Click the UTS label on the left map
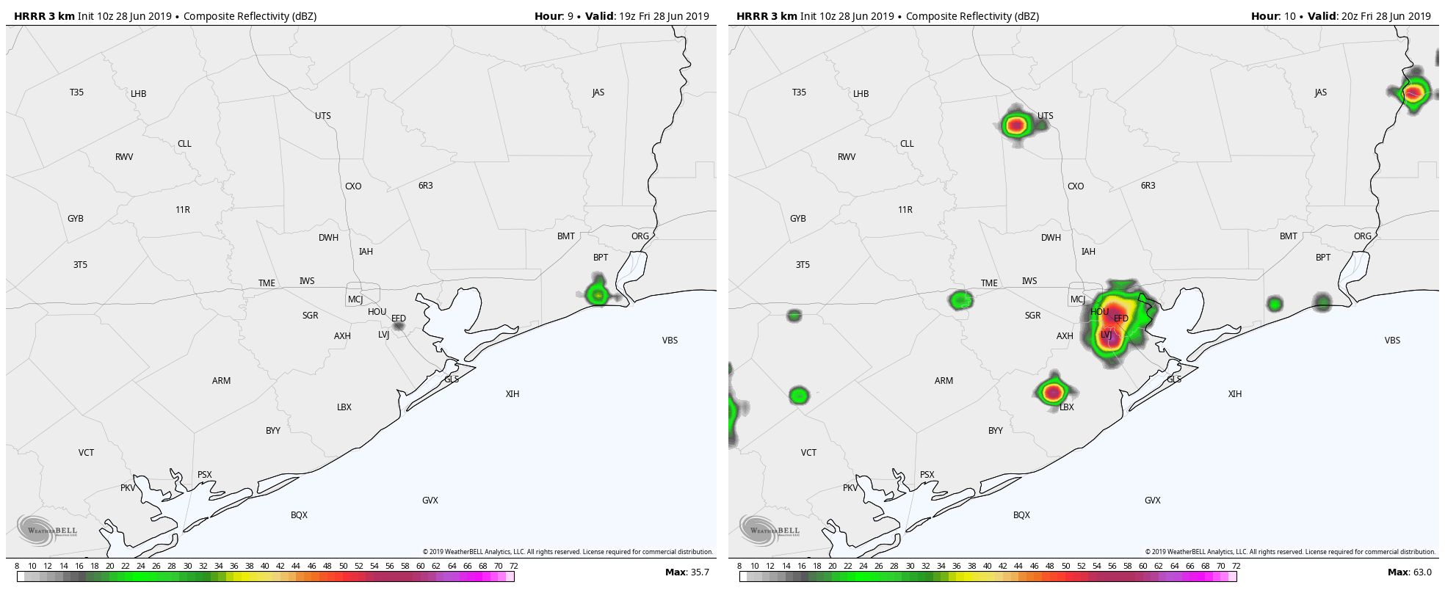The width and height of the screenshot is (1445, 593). pos(323,116)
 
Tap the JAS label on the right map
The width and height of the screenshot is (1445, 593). pos(1321,92)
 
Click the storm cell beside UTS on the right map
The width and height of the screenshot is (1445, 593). pos(1016,125)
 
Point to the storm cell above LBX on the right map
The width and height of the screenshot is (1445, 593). pos(1054,391)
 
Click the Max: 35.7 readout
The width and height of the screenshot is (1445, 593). pos(687,572)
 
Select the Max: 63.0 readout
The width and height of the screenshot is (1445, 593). pos(1410,572)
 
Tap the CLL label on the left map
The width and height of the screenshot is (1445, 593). pos(184,144)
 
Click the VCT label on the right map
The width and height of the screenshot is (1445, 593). pos(808,453)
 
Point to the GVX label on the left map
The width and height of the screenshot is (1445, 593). pos(430,501)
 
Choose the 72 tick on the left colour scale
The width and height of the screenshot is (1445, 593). pos(514,566)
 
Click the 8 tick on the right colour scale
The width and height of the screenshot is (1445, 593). pos(739,566)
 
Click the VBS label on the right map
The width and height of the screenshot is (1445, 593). pos(1392,341)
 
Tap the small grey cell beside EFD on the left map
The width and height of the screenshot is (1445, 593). pos(399,326)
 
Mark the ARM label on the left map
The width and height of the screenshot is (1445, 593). pos(221,381)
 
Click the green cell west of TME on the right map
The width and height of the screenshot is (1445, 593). pos(960,299)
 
